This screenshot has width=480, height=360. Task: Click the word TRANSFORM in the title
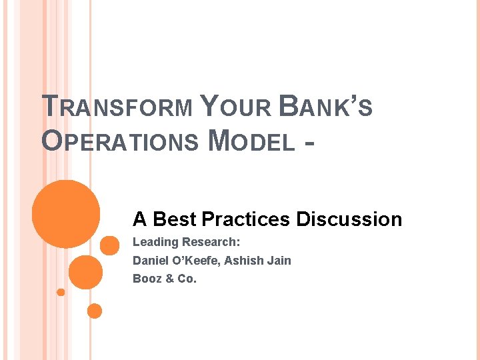(x=117, y=107)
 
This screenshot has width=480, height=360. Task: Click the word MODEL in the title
(x=251, y=141)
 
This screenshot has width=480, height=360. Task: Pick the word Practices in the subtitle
(x=246, y=219)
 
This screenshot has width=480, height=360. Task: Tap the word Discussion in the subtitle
(x=349, y=219)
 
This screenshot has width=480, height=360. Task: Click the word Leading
(x=155, y=242)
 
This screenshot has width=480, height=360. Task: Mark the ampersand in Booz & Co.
(x=171, y=279)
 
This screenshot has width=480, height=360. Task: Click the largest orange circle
(x=66, y=213)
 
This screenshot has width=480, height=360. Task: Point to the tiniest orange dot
(x=61, y=292)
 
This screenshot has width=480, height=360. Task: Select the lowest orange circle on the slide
(x=95, y=311)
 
